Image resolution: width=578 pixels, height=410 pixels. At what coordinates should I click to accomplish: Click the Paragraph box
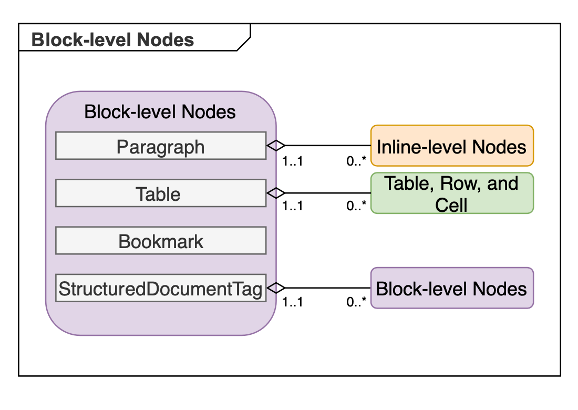[x=161, y=146]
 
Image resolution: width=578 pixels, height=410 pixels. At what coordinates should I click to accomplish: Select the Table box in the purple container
[x=161, y=193]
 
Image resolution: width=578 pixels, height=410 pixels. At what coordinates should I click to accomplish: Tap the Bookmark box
[x=161, y=241]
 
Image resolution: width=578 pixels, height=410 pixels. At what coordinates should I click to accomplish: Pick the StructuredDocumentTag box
[x=161, y=288]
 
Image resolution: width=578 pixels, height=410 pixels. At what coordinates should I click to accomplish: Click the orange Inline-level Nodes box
[x=452, y=146]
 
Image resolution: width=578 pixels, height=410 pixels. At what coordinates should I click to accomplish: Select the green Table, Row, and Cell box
[x=452, y=193]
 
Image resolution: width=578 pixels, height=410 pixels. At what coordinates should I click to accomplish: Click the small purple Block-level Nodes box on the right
[x=452, y=288]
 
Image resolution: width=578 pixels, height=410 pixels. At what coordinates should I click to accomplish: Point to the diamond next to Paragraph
[x=276, y=146]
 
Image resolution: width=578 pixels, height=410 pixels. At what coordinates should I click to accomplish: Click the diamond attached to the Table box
[x=276, y=193]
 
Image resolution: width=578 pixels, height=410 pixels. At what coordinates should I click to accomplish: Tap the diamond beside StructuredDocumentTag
[x=276, y=288]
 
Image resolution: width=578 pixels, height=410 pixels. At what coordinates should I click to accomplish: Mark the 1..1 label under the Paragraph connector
[x=292, y=161]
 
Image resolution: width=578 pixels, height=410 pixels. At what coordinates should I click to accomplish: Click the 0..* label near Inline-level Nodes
[x=356, y=161]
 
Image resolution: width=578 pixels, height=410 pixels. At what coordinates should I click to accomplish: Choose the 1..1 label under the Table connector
[x=292, y=206]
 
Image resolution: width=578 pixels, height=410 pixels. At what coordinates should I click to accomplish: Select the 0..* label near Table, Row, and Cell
[x=356, y=206]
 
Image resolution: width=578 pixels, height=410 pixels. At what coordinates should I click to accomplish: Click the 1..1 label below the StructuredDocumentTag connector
[x=292, y=302]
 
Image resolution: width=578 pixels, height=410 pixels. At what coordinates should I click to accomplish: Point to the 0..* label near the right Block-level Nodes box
[x=356, y=302]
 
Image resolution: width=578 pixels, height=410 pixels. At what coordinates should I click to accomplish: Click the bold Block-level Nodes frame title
[x=113, y=39]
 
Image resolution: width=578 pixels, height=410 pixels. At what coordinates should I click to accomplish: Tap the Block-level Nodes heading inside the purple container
[x=160, y=111]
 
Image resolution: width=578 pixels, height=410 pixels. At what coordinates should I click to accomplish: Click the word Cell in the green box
[x=451, y=204]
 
